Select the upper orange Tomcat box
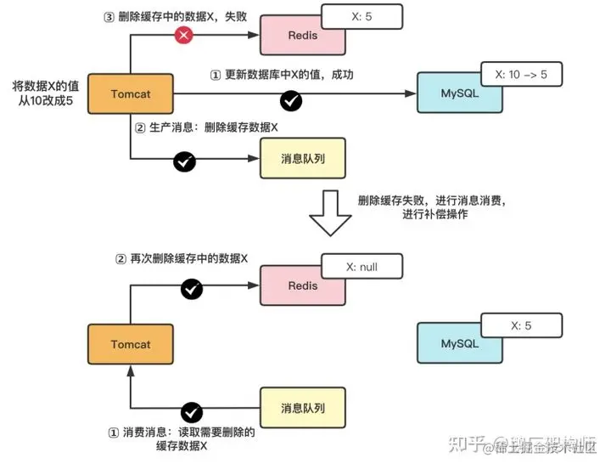[x=130, y=93]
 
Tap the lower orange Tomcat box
[x=130, y=344]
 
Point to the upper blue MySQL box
[x=459, y=93]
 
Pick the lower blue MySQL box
[x=459, y=344]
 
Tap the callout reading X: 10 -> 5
[x=520, y=75]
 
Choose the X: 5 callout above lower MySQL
[x=520, y=325]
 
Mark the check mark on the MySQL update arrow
[x=291, y=101]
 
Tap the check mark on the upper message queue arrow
[x=184, y=161]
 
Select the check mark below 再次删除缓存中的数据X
[x=192, y=290]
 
